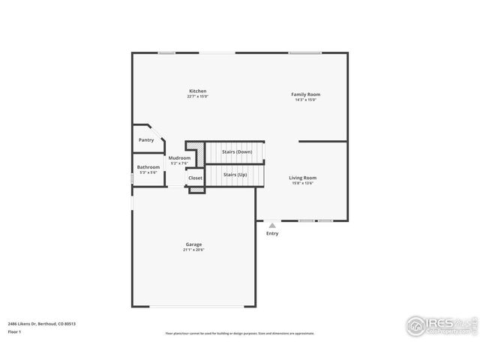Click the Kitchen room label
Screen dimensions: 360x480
tap(197, 91)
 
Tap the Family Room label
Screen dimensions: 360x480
tap(306, 94)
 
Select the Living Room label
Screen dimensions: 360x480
tap(303, 178)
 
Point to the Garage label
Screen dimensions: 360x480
tap(193, 244)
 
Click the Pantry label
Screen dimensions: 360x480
tap(146, 140)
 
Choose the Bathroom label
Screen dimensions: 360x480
tap(148, 167)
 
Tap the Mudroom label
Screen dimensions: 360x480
tap(179, 158)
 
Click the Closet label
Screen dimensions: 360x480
tap(195, 178)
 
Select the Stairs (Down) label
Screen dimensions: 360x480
tap(237, 152)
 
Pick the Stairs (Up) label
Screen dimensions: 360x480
tap(235, 174)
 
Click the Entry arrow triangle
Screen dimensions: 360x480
tap(272, 225)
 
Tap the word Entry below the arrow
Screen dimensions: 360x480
tap(272, 233)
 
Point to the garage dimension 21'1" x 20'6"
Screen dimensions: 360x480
tap(193, 250)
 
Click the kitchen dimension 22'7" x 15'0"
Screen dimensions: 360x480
tap(197, 97)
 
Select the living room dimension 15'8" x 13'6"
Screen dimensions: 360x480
tap(303, 183)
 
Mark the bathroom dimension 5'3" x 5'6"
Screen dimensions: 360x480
tap(148, 172)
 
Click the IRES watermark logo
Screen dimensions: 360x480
tap(439, 325)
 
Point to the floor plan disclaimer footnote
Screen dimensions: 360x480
tap(240, 334)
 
